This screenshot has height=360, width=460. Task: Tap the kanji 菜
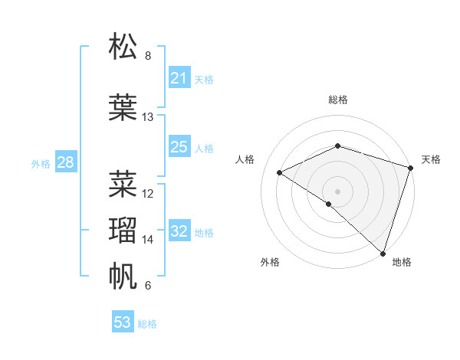pos(123,183)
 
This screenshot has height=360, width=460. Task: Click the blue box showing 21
pos(179,78)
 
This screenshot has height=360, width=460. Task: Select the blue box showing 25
pos(179,147)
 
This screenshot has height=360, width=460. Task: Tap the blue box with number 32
pos(179,232)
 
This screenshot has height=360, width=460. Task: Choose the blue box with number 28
pos(65,162)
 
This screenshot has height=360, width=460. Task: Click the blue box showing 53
pos(123,322)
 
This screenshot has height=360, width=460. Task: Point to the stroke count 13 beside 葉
pos(148,117)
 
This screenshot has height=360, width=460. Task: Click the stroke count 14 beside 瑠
pos(148,240)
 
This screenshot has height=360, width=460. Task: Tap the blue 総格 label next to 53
pos(147,324)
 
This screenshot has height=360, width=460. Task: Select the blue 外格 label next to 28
pos(41,164)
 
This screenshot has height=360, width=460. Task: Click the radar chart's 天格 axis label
pos(431,159)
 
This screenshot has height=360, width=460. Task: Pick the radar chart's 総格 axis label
pos(338,100)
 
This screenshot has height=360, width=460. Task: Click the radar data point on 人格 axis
pos(280,172)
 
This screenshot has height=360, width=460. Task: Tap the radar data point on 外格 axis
pos(329,204)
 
